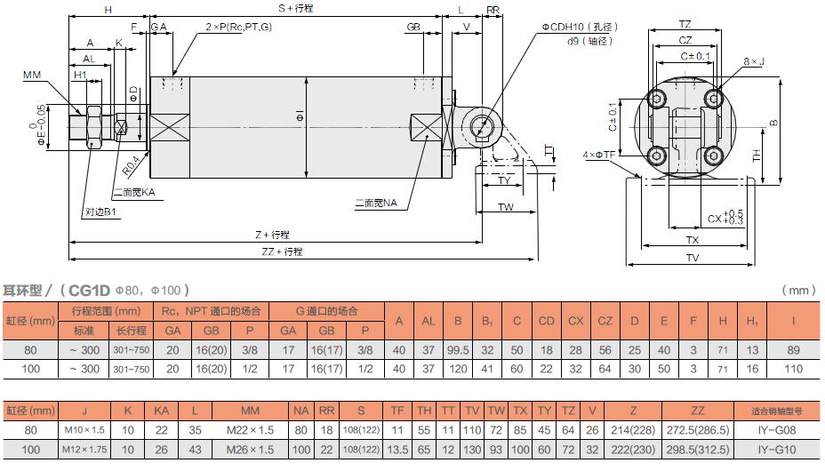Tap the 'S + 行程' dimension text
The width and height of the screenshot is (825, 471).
coord(295,8)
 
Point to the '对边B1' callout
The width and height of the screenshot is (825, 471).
coord(101,213)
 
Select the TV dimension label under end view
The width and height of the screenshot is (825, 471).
coord(693,258)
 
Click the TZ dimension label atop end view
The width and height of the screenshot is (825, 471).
coord(685,23)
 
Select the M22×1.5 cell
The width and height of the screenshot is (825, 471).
coord(251,428)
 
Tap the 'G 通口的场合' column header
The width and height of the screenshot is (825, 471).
coord(326,311)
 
